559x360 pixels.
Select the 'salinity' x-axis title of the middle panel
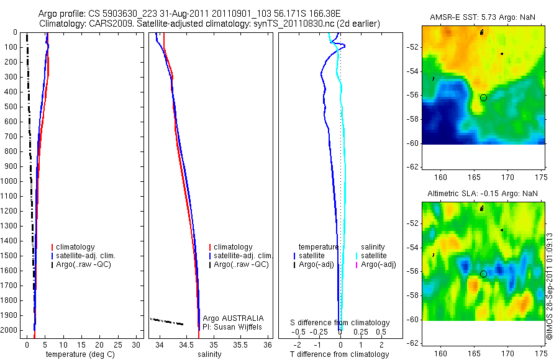coord(209,354)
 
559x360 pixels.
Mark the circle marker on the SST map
coord(483,97)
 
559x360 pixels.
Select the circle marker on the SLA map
coord(483,274)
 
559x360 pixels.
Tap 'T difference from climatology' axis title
coord(339,354)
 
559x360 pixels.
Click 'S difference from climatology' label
coord(340,323)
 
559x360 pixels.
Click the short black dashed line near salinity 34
coord(167,322)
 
